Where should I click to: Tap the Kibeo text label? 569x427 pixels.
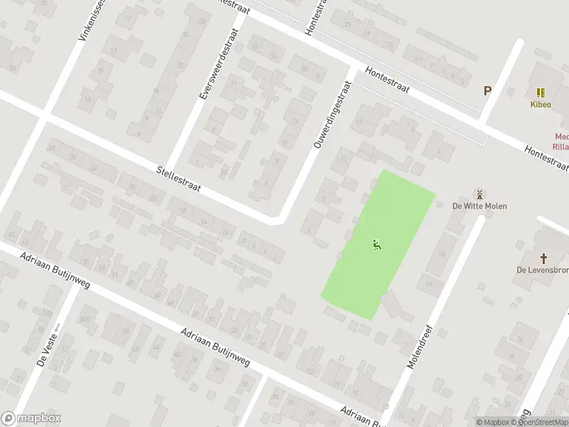(x=541, y=104)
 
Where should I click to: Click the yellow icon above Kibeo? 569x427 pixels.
(x=541, y=93)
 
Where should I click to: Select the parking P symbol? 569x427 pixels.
(x=487, y=90)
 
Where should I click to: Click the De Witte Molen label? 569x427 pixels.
(x=479, y=206)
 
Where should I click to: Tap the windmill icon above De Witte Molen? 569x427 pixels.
(x=479, y=194)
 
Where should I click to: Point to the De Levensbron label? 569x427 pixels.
(x=543, y=270)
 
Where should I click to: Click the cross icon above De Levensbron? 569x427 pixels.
(x=544, y=258)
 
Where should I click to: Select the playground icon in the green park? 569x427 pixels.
(x=376, y=246)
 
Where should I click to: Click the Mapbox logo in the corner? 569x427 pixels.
(x=31, y=418)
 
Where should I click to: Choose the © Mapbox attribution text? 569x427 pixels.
(x=492, y=422)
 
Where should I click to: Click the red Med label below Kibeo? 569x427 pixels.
(x=561, y=138)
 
